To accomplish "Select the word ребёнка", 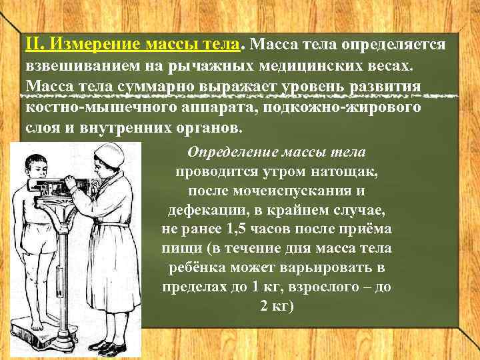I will click(194, 268).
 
